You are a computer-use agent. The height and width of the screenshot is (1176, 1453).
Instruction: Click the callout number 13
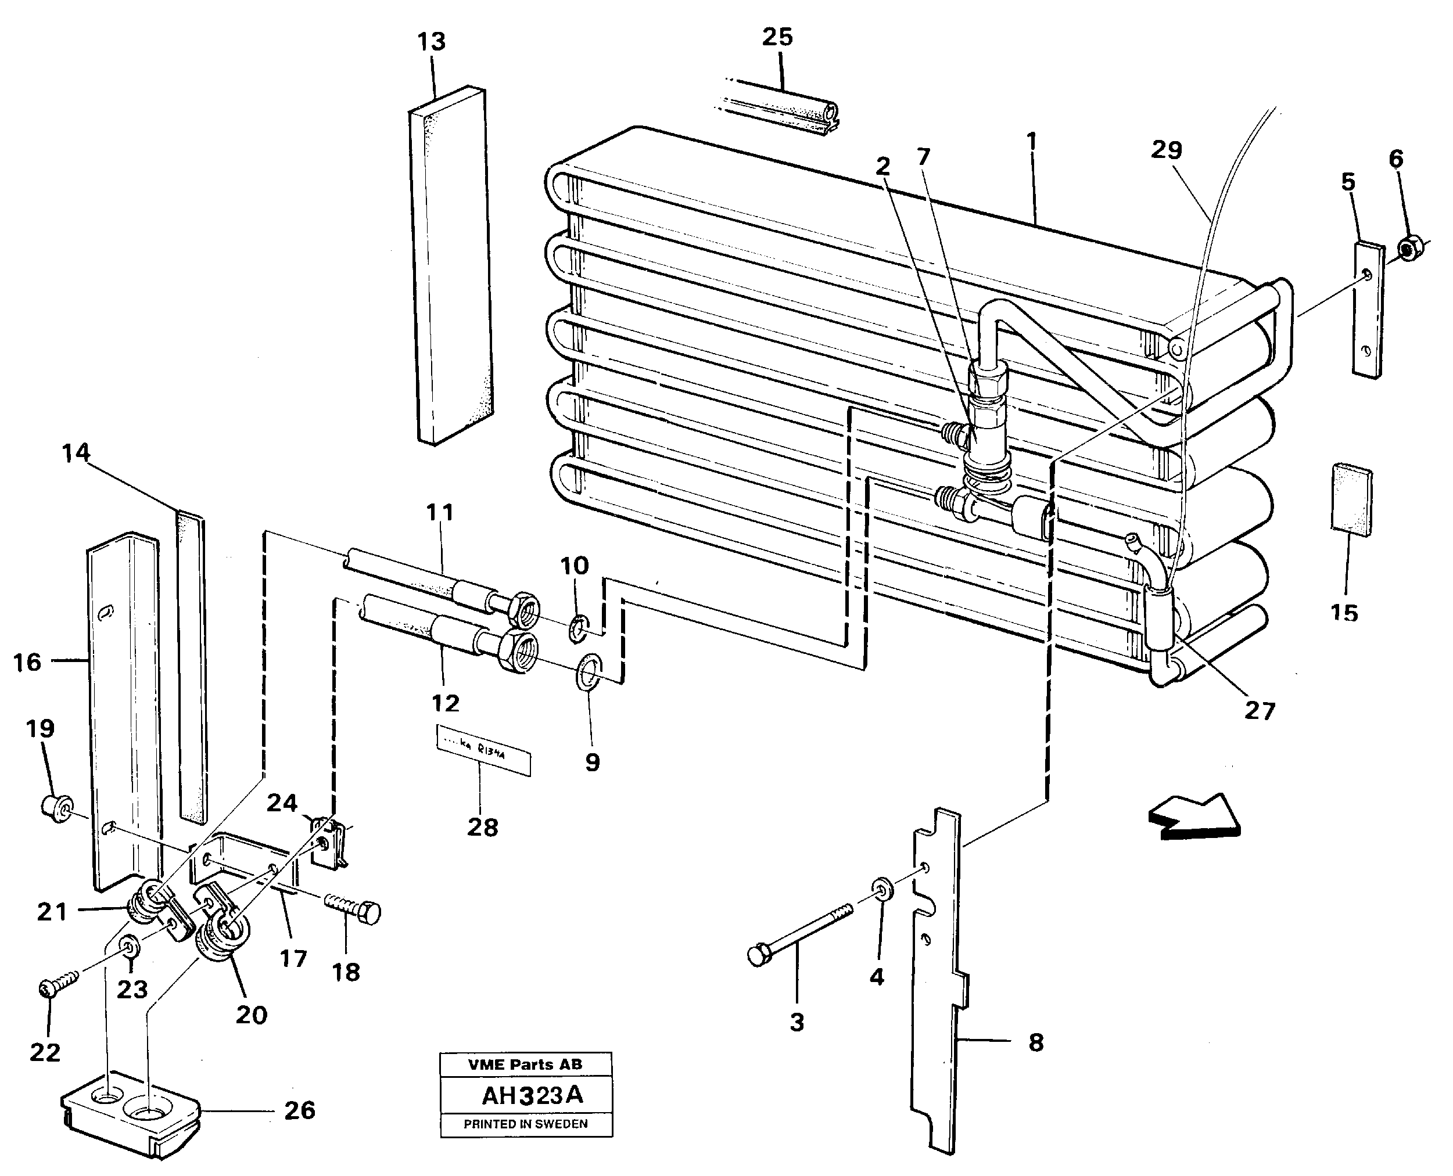tap(431, 42)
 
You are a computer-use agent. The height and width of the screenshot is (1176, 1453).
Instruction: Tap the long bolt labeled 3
tap(799, 933)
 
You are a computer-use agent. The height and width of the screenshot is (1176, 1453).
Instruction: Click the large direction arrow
tap(1196, 818)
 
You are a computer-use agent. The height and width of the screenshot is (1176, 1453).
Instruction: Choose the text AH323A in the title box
tap(532, 1095)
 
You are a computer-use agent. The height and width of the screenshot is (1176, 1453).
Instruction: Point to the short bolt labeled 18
tap(354, 908)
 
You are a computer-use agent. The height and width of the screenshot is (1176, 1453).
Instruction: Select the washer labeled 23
tap(127, 945)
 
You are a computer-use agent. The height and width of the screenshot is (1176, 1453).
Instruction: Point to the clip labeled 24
tap(329, 843)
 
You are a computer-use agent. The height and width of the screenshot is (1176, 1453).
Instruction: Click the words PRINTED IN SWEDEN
tap(525, 1124)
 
